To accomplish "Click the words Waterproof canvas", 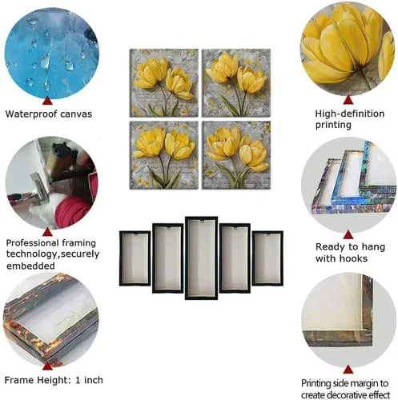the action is tap(49, 114).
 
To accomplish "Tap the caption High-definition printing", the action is tap(350, 119).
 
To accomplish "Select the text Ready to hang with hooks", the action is tap(350, 252).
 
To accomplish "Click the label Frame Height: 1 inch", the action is tap(54, 380).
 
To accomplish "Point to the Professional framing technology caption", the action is tap(53, 254).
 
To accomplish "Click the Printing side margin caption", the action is tap(345, 389).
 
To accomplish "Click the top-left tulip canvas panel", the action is tap(164, 82).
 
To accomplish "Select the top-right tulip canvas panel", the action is tap(236, 82).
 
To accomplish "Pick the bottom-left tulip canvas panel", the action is tap(164, 155).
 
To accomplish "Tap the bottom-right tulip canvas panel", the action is tap(236, 155).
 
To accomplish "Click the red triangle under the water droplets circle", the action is tap(47, 101).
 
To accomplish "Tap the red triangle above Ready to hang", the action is tap(348, 234).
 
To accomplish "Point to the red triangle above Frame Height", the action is tap(47, 366).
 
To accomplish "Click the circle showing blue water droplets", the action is tap(52, 53).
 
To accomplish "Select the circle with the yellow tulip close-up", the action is tap(348, 50).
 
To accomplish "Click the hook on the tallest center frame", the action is tap(202, 222).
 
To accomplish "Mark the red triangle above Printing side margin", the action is tap(348, 370).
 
